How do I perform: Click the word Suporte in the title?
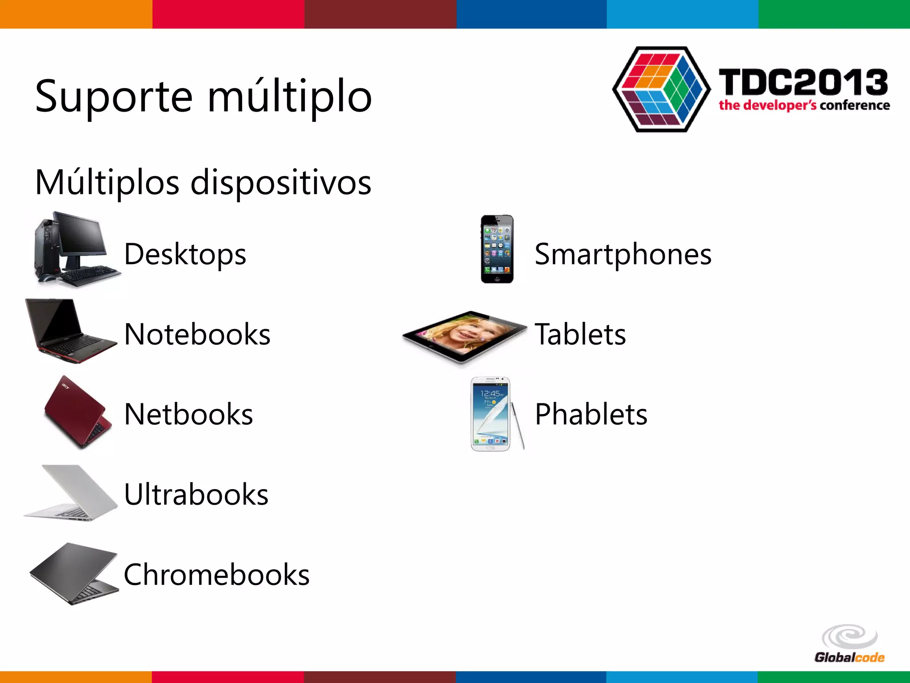pyautogui.click(x=114, y=96)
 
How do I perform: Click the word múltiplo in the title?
pyautogui.click(x=289, y=96)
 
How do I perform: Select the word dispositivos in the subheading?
pyautogui.click(x=281, y=182)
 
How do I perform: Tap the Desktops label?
pyautogui.click(x=185, y=254)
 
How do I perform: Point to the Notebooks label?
pyautogui.click(x=197, y=334)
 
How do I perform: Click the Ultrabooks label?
pyautogui.click(x=196, y=494)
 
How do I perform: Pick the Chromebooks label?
pyautogui.click(x=216, y=575)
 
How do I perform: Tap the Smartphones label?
pyautogui.click(x=623, y=254)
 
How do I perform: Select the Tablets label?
pyautogui.click(x=580, y=334)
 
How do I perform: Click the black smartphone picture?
pyautogui.click(x=497, y=249)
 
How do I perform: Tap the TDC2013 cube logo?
pyautogui.click(x=661, y=89)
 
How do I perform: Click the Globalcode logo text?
pyautogui.click(x=849, y=657)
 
